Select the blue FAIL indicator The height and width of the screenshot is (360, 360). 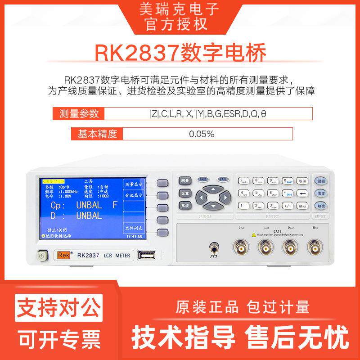(223, 179)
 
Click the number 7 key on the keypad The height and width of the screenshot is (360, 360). (243, 181)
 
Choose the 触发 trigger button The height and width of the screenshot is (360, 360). (320, 206)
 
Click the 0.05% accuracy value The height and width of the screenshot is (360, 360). (201, 134)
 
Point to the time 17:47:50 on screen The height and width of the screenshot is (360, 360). (134, 236)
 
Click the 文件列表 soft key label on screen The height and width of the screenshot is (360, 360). (133, 228)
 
